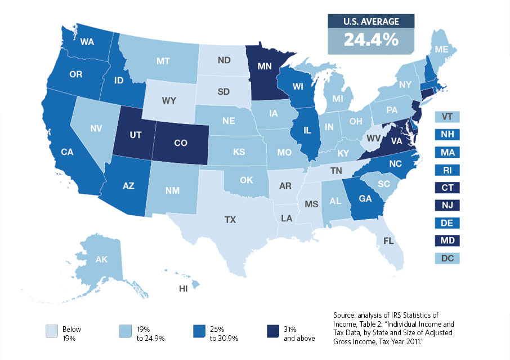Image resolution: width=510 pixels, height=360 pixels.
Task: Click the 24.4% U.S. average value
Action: [371, 41]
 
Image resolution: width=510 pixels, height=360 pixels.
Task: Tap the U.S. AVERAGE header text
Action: [371, 21]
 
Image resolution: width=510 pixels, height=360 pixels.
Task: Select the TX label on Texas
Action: [230, 220]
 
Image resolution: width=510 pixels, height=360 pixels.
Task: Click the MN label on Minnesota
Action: [266, 66]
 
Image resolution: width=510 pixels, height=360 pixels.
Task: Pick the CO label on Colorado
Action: [180, 143]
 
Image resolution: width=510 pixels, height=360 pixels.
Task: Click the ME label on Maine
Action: [442, 50]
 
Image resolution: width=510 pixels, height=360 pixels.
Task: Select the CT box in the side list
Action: [448, 188]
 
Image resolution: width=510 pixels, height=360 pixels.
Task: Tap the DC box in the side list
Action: [448, 258]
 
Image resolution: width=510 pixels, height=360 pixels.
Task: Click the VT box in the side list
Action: [448, 117]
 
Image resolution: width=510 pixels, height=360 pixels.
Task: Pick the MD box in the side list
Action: [448, 241]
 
